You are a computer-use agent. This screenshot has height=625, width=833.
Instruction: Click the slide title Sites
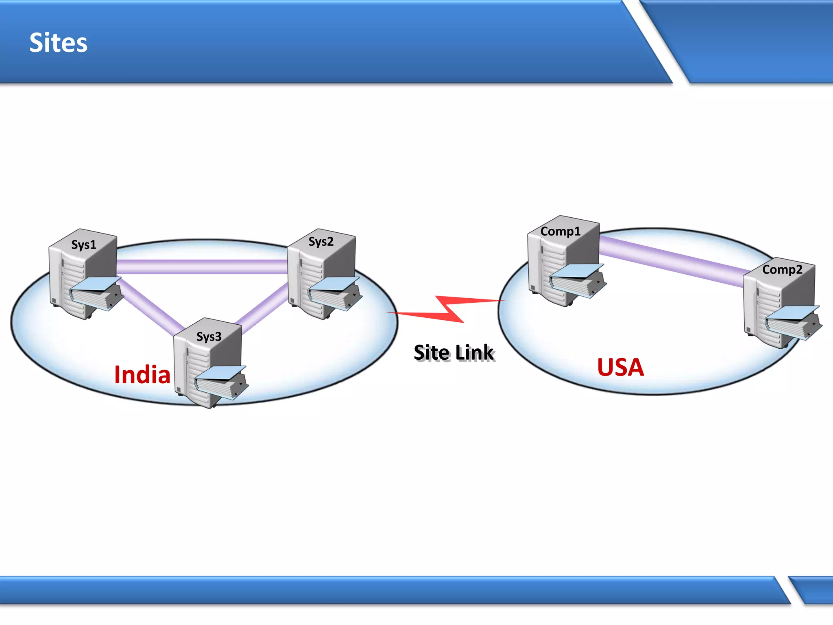[58, 43]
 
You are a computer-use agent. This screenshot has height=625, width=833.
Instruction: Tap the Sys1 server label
[84, 245]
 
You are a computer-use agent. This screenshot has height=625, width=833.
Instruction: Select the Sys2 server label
[321, 242]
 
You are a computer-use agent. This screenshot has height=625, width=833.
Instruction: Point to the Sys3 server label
[209, 337]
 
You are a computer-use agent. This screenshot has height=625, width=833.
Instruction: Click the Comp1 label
[560, 231]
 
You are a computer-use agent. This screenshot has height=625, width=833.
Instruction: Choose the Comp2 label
[782, 269]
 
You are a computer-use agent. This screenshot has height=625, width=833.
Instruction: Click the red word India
[142, 375]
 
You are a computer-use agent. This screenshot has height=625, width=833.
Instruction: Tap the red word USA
[620, 367]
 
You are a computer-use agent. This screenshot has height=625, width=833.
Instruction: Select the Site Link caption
[454, 352]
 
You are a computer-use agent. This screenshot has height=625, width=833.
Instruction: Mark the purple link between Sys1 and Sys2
[202, 267]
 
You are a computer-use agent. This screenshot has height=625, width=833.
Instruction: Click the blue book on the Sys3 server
[221, 382]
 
